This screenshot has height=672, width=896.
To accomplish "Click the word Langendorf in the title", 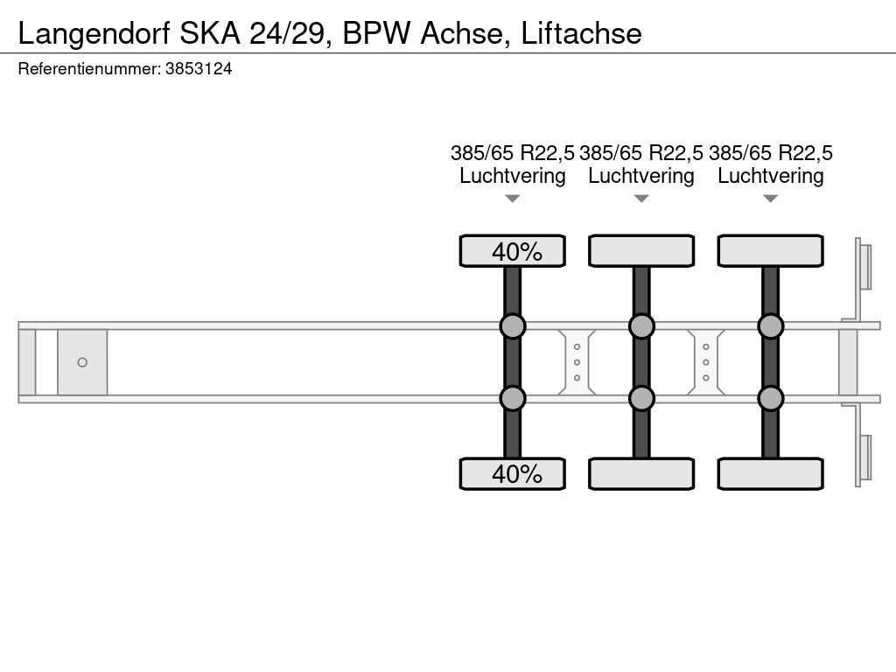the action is coord(94,34).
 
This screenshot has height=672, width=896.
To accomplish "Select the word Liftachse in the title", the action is coord(581,33).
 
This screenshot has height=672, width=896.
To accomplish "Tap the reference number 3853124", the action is coord(199,68).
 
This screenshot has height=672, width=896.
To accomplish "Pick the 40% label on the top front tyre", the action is coord(517,251).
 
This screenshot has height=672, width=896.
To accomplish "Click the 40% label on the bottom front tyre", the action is coord(517,473).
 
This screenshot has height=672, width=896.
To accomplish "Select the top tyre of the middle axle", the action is coord(641,251).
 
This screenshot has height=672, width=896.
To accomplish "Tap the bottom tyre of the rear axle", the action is coord(770,473).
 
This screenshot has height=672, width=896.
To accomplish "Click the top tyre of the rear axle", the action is coord(770,251).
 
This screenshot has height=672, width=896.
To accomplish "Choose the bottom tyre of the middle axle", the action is coord(641,473).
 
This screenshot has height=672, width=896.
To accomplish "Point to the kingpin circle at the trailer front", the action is coord(82,362).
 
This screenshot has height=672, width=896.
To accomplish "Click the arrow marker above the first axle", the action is coord(513,199).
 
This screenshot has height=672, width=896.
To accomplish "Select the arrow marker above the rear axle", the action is coord(770,199).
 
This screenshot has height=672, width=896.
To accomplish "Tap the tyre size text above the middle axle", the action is coord(641,153).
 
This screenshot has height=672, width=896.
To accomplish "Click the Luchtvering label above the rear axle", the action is coord(770,176).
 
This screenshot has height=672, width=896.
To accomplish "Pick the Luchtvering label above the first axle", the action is coord(513,176).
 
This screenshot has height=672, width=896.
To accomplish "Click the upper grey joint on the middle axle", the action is coord(641,326).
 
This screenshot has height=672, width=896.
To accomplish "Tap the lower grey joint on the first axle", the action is coord(513,398).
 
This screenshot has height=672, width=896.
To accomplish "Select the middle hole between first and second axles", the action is coord(577,362).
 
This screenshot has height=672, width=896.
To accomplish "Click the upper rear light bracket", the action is coord(863,268).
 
